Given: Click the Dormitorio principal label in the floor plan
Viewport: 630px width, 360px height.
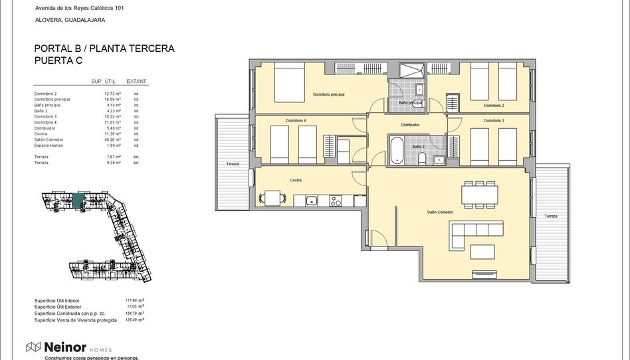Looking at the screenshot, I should pos(328,95).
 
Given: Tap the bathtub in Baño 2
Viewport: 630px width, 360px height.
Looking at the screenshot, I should pos(397,149).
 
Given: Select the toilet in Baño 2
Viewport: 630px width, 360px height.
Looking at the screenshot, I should pos(421,157).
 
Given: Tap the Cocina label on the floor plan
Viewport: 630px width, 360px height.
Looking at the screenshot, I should pos(296,180).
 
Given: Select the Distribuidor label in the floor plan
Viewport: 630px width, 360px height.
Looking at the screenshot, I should pos(410,124).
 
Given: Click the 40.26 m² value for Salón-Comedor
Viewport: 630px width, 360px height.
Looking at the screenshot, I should pos(112,140).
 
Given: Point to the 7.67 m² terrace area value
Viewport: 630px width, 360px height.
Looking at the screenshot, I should pos(112,157).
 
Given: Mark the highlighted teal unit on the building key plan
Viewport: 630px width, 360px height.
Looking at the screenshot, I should pos(80,199).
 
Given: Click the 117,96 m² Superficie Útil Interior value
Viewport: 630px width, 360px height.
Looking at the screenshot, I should pos(135,300).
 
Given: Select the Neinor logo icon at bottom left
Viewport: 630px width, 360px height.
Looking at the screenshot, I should pos(33,347).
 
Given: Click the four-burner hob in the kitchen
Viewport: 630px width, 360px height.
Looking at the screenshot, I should pos(336,200).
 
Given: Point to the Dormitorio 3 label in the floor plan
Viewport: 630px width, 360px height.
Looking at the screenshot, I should pos(494,121).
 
